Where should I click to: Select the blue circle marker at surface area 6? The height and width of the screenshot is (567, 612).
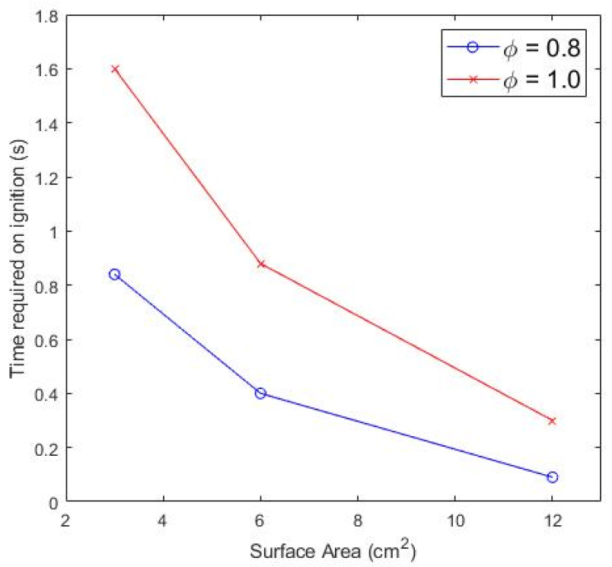pos(260,393)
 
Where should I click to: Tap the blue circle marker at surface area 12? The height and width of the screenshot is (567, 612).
pos(552,477)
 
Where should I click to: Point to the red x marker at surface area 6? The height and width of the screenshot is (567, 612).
pos(260,263)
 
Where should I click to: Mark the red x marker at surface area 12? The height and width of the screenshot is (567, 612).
pos(552,421)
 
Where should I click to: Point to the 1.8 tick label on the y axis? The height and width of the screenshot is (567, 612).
pos(47,14)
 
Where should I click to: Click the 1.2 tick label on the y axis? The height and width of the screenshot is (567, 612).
pos(47,177)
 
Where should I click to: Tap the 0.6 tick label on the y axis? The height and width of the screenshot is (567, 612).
pos(47,339)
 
